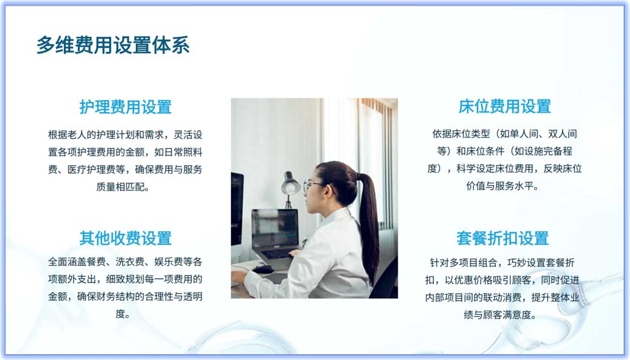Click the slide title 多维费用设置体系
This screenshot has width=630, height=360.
(113, 46)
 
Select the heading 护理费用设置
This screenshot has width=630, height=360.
(126, 107)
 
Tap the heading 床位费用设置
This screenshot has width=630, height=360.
(504, 107)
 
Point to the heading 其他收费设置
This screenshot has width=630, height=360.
(126, 238)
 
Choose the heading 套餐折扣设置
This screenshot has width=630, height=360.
(502, 238)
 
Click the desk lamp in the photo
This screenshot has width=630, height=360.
(290, 185)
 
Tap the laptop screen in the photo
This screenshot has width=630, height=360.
(275, 229)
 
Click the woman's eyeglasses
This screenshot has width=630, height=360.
(313, 185)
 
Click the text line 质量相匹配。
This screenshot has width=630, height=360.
(126, 187)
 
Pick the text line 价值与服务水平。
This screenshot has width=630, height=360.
(502, 186)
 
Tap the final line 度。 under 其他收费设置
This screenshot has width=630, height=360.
(126, 314)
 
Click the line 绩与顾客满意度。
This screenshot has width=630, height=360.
(502, 314)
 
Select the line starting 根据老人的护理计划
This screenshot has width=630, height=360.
(126, 134)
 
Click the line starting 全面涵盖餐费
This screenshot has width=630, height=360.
(126, 262)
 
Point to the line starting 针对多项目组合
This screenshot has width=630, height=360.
(502, 263)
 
